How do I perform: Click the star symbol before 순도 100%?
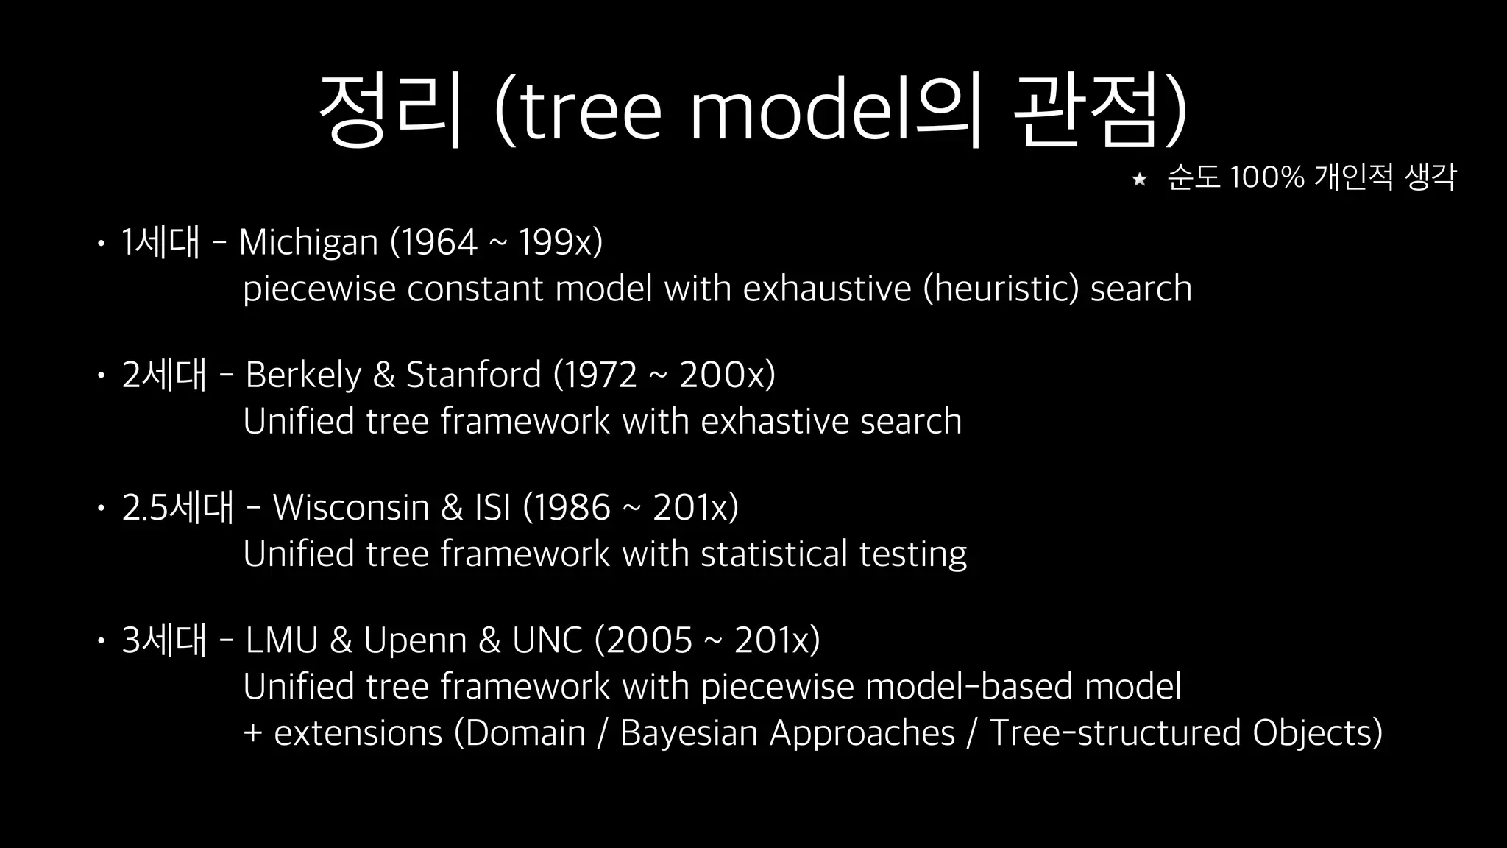(1139, 179)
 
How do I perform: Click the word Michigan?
(308, 241)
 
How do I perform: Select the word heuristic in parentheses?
(1001, 288)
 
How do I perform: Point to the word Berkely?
(303, 375)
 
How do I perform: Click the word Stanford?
(473, 375)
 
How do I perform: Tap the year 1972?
(600, 375)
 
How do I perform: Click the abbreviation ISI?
(492, 507)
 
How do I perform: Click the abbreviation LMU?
(281, 640)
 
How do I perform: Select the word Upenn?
(415, 641)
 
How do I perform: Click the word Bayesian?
(689, 733)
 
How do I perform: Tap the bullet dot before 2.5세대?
(101, 508)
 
